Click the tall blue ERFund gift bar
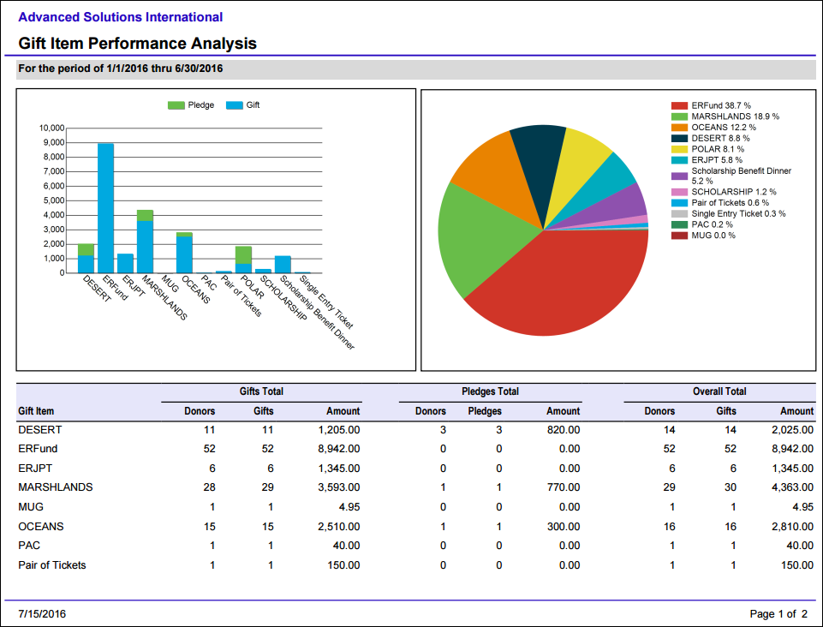coord(105,208)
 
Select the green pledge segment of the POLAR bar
coord(243,255)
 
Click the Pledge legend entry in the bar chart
coord(191,105)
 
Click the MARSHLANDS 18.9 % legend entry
coord(725,116)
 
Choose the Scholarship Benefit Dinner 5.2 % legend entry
coord(731,176)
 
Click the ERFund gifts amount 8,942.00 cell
coord(338,449)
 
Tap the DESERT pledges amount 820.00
coord(564,430)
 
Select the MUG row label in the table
coord(31,507)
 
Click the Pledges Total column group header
coord(490,391)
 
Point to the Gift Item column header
coord(36,411)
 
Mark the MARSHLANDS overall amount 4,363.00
coord(792,488)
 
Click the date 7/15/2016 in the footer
coord(42,614)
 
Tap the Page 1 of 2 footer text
coord(778,614)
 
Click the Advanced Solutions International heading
coord(121,17)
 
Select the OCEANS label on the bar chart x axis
coord(195,290)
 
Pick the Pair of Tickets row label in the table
coord(52,565)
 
